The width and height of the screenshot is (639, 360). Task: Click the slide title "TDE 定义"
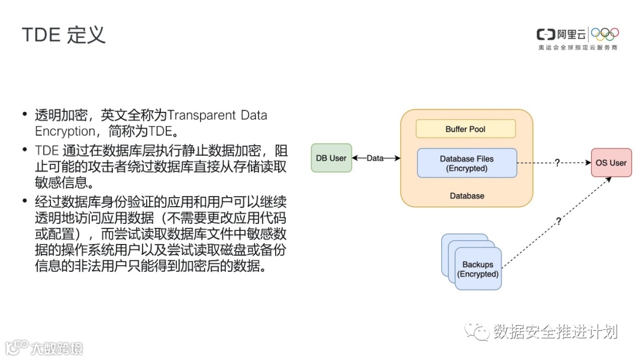tap(63, 35)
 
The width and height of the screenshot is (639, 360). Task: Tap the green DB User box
tap(331, 158)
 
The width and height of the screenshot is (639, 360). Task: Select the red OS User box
tap(611, 163)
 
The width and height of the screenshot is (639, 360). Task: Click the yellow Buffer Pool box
tap(466, 129)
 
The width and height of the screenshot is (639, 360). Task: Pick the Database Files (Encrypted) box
tap(467, 163)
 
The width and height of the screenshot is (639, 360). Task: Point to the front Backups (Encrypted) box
tap(478, 269)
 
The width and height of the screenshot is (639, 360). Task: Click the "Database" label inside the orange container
tap(467, 196)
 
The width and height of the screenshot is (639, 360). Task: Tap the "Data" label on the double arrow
tap(375, 159)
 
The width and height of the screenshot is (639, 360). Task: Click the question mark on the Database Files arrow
tap(557, 163)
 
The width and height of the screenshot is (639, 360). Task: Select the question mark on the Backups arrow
tap(558, 221)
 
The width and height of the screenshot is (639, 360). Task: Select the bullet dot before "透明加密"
tap(25, 115)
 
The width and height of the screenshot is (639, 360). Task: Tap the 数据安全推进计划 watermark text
tap(556, 332)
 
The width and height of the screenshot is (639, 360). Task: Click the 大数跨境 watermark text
tap(57, 348)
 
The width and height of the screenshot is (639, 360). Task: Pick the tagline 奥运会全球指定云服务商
tap(577, 47)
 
